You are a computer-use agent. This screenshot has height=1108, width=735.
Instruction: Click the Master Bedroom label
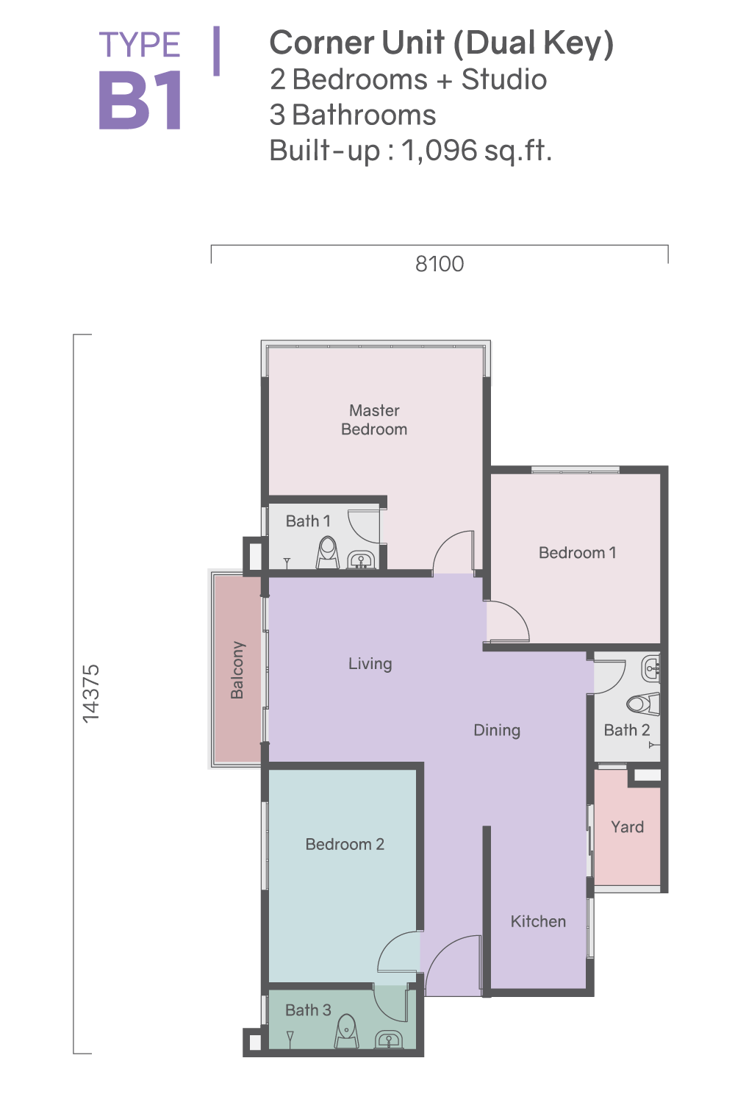pyautogui.click(x=374, y=420)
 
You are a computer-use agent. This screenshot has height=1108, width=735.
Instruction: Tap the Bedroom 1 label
pyautogui.click(x=577, y=552)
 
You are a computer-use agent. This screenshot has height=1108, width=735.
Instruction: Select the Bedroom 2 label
pyautogui.click(x=345, y=844)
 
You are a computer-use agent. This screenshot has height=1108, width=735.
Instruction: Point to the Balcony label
pyautogui.click(x=237, y=670)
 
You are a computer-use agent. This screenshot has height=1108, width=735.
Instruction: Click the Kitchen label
pyautogui.click(x=538, y=921)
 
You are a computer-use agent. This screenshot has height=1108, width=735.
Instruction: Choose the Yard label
pyautogui.click(x=627, y=826)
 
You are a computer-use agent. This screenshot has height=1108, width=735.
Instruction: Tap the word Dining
pyautogui.click(x=497, y=730)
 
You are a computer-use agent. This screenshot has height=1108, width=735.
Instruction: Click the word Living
pyautogui.click(x=370, y=663)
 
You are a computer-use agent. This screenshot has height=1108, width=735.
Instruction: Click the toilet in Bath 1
pyautogui.click(x=327, y=553)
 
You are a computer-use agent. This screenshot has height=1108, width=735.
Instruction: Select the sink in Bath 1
pyautogui.click(x=362, y=560)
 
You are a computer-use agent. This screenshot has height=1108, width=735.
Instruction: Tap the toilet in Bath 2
pyautogui.click(x=644, y=704)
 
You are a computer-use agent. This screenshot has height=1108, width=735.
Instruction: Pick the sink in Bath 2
pyautogui.click(x=651, y=669)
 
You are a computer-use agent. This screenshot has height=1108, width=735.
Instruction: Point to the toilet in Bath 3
pyautogui.click(x=347, y=1031)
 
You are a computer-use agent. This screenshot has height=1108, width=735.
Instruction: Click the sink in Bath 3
pyautogui.click(x=388, y=1039)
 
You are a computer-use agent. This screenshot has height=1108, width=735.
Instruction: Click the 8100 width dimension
pyautogui.click(x=440, y=264)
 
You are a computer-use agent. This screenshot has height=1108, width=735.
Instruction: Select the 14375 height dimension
pyautogui.click(x=91, y=693)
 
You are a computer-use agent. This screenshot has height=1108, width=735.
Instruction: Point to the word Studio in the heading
pyautogui.click(x=504, y=79)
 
